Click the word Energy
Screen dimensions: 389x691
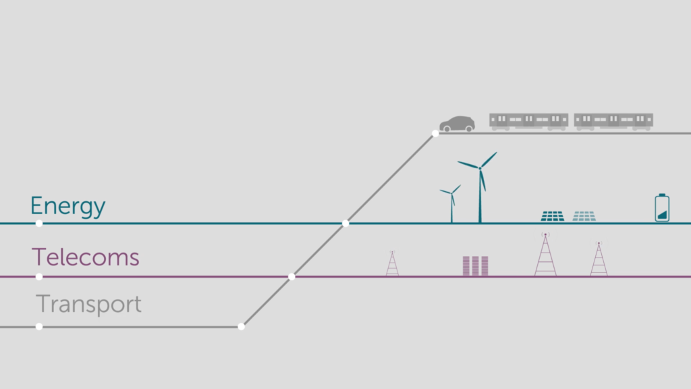pyautogui.click(x=67, y=206)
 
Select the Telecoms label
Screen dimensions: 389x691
pyautogui.click(x=85, y=257)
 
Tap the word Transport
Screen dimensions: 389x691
pyautogui.click(x=88, y=304)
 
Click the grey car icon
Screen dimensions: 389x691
pyautogui.click(x=457, y=124)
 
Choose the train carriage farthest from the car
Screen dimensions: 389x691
pyautogui.click(x=613, y=122)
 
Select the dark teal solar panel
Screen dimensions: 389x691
pyautogui.click(x=552, y=216)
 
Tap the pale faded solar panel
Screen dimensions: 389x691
pyautogui.click(x=584, y=216)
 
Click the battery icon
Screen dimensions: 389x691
pyautogui.click(x=662, y=208)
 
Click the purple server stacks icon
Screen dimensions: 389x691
pyautogui.click(x=475, y=265)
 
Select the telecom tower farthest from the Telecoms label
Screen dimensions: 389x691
pyautogui.click(x=599, y=259)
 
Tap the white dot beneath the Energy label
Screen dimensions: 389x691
pyautogui.click(x=39, y=223)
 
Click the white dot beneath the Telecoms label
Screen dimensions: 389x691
pyautogui.click(x=39, y=276)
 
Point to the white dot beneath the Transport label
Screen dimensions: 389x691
pyautogui.click(x=39, y=326)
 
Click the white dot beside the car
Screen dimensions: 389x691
pyautogui.click(x=435, y=133)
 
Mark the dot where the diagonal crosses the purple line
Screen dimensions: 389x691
pyautogui.click(x=292, y=276)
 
